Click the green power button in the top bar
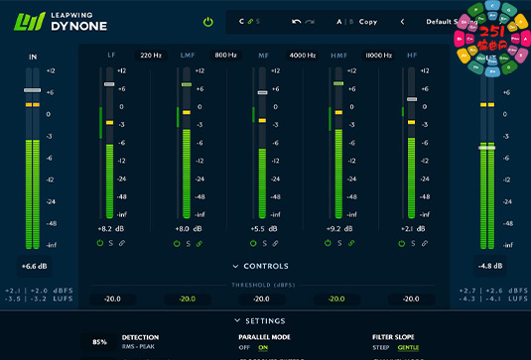(x=208, y=21)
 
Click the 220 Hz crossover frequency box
(x=151, y=57)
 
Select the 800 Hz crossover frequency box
(x=225, y=57)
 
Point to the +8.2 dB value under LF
(x=110, y=229)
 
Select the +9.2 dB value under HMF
(x=337, y=229)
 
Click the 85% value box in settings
(x=99, y=342)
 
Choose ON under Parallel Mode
(x=263, y=348)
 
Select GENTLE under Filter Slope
(x=408, y=348)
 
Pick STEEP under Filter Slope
(x=381, y=348)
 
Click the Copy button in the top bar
(x=368, y=21)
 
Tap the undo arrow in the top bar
(x=296, y=21)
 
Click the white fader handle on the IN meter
(x=33, y=90)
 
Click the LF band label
(x=110, y=57)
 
